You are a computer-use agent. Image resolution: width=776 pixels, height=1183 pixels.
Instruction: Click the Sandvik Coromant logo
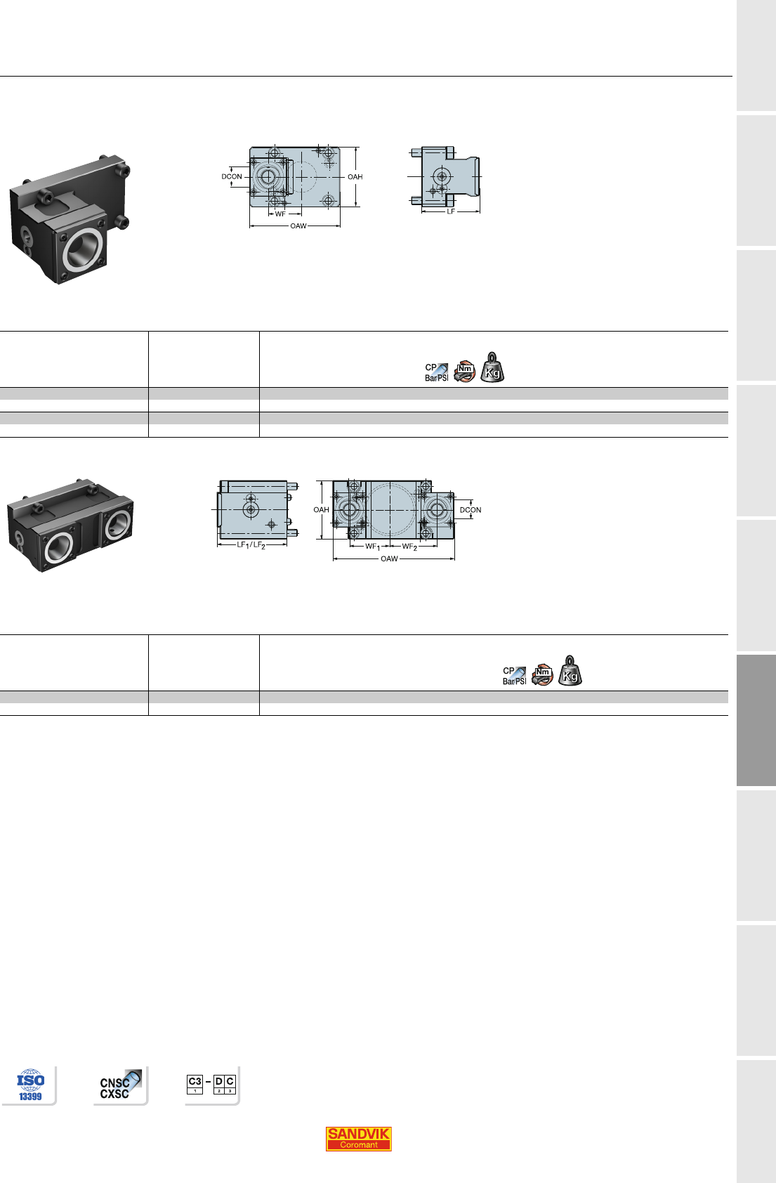pyautogui.click(x=358, y=1139)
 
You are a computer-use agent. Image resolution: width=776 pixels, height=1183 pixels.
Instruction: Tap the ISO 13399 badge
pyautogui.click(x=30, y=1085)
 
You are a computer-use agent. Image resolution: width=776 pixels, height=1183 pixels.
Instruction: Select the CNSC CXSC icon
pyautogui.click(x=120, y=1085)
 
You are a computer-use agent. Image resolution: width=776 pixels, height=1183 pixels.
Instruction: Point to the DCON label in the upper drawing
pyautogui.click(x=232, y=177)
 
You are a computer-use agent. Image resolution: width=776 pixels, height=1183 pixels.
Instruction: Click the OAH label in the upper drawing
pyautogui.click(x=355, y=177)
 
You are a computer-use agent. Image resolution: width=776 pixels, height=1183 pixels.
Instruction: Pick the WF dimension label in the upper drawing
pyautogui.click(x=280, y=214)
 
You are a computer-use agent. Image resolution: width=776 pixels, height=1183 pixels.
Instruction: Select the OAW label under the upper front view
pyautogui.click(x=298, y=226)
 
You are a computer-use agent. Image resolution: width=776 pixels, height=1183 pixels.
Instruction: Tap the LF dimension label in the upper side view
pyautogui.click(x=451, y=211)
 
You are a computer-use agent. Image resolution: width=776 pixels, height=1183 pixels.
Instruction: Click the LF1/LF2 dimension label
pyautogui.click(x=251, y=545)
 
